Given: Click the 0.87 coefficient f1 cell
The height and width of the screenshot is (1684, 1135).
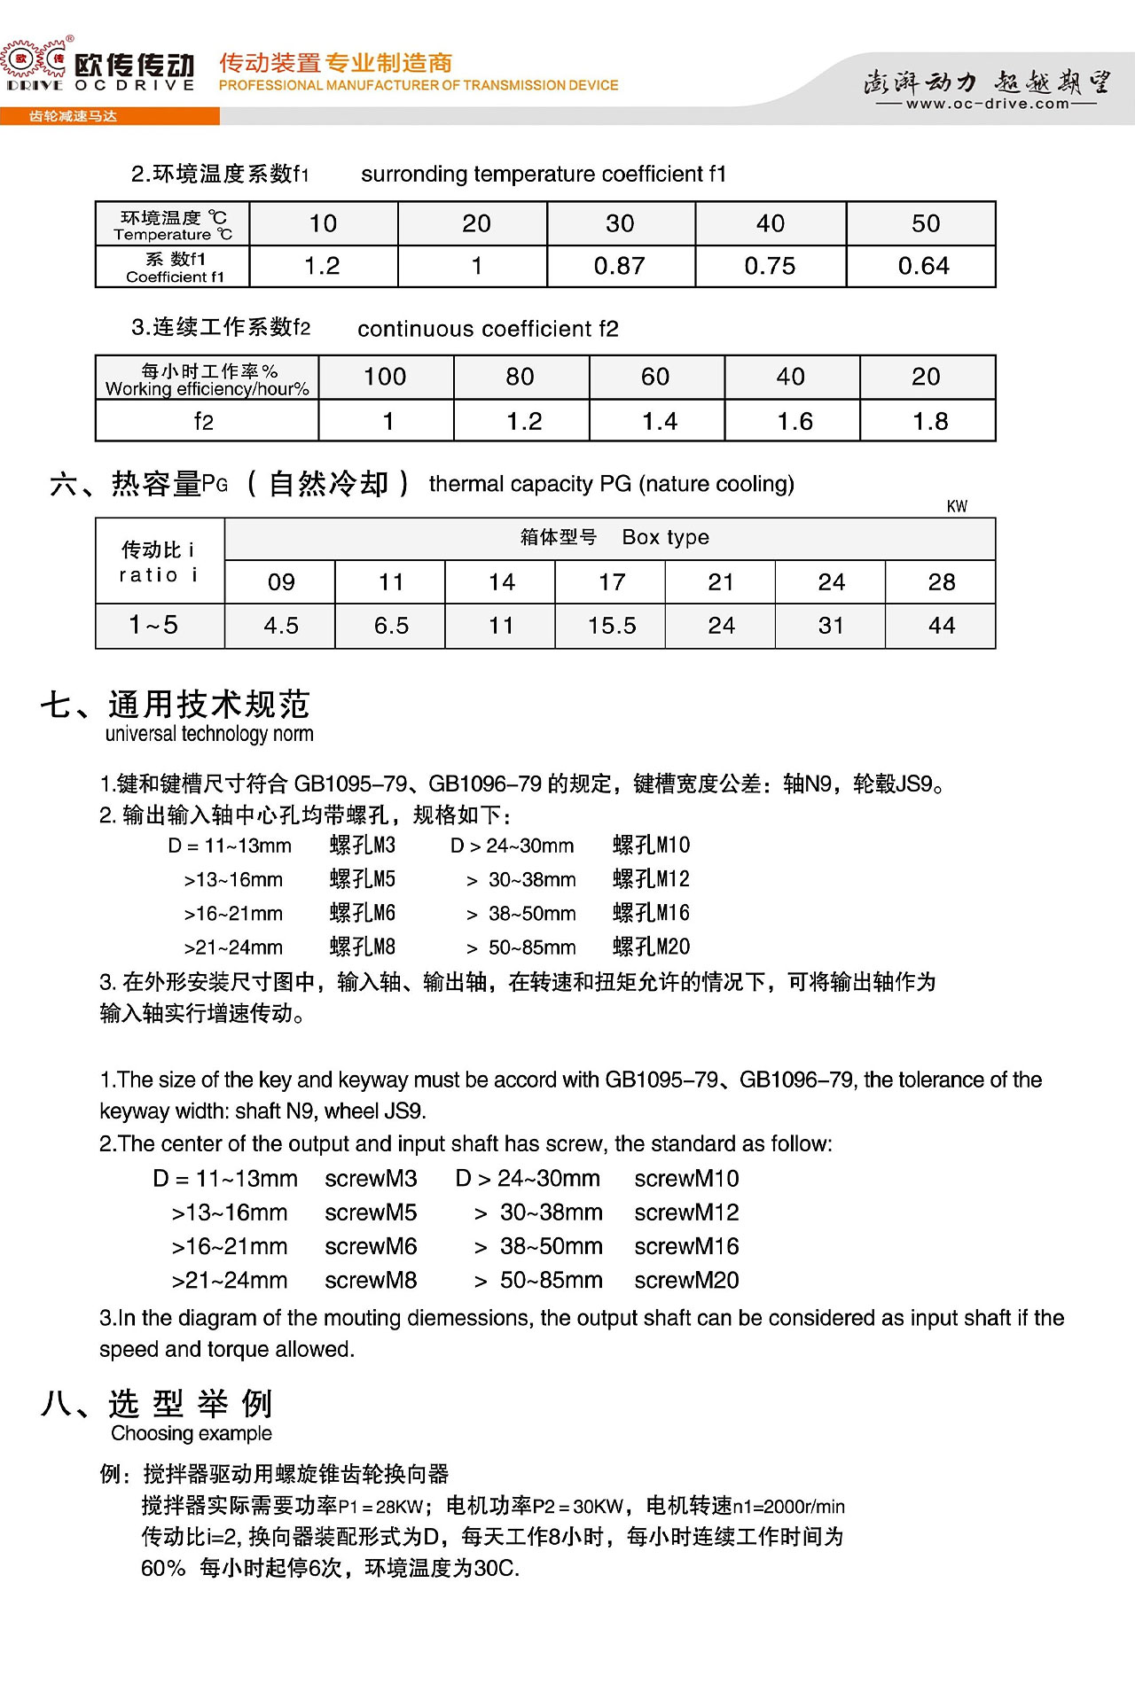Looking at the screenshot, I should coord(620,266).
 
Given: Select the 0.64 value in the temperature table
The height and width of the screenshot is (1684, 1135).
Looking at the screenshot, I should coord(923,266).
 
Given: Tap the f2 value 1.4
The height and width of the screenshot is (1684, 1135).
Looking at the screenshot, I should coord(659,421).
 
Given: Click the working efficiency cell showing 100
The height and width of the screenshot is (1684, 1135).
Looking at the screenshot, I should coord(385,377).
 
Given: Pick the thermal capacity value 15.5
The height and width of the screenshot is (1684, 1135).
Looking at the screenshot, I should coord(611,626).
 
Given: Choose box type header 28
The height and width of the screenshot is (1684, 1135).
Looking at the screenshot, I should coord(941,582).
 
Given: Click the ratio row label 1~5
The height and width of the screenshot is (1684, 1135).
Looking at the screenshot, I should coord(154,626).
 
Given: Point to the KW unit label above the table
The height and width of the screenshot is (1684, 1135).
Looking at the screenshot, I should coord(957,506).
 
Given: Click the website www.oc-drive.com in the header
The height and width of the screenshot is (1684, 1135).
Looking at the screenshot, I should coord(987,104).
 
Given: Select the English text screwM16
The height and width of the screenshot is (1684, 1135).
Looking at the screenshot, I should coord(686,1246).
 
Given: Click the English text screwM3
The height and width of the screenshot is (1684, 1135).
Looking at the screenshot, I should coord(371,1179).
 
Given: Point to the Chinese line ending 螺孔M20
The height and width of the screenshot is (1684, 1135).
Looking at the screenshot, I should coord(651,947).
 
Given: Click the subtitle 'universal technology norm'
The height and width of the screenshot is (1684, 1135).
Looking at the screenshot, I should coord(209,734).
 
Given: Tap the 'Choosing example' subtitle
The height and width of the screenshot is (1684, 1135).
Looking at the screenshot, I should coord(192,1433).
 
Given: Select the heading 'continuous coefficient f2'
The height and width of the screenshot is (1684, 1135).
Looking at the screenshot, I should coord(488,329).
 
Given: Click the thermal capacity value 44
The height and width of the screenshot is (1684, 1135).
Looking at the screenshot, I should coord(941,626).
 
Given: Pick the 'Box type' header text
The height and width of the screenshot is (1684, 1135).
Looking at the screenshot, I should coord(665,537).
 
